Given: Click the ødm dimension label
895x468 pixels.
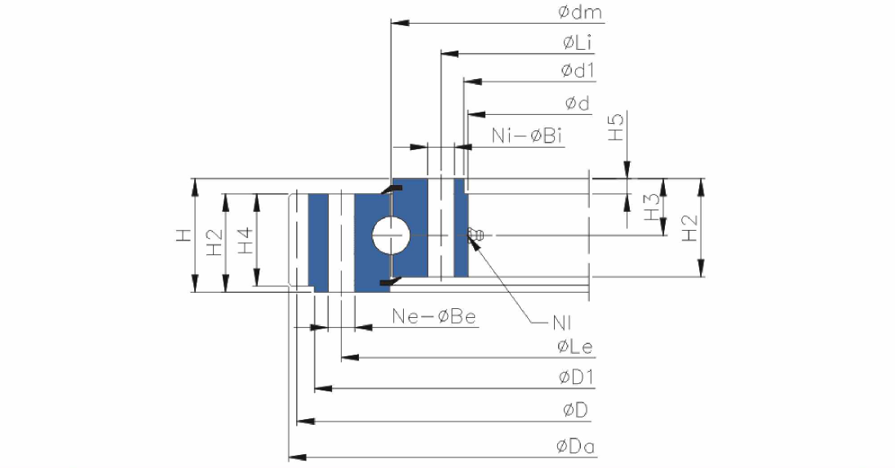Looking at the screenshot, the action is [580, 12].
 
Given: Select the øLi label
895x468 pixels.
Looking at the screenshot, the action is [577, 42].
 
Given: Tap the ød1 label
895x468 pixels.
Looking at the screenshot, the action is [578, 71].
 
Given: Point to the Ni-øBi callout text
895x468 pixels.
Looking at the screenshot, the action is [526, 136].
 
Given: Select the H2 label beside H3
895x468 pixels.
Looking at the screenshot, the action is [689, 227].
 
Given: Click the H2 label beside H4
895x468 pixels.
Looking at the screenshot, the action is [214, 241].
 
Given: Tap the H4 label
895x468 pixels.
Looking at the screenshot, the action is [245, 241].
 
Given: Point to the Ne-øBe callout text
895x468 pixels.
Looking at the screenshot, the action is [434, 316].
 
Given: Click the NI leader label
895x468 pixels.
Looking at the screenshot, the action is [561, 324].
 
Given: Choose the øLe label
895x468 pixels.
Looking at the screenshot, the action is [575, 347].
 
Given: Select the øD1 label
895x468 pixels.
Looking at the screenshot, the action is [577, 377].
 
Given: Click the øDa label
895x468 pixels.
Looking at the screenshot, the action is [575, 446].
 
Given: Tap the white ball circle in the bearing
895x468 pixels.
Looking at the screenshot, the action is [391, 235].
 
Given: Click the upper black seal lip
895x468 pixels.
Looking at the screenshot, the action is [392, 189].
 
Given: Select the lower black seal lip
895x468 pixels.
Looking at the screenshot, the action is [392, 280].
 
